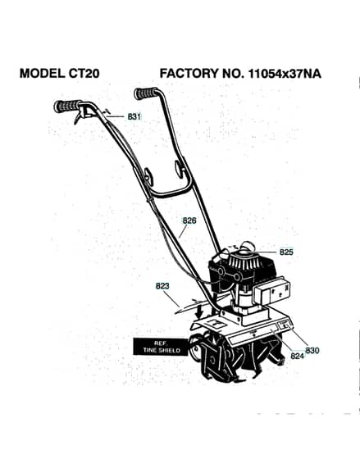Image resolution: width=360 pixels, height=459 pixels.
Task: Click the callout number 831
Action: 134,116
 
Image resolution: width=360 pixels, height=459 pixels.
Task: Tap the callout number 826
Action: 189,220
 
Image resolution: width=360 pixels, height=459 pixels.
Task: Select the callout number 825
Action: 286,252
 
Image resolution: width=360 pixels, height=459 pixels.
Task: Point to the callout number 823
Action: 162,286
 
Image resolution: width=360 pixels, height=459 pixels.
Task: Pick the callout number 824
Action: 298,356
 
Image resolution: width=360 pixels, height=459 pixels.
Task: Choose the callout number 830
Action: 312,350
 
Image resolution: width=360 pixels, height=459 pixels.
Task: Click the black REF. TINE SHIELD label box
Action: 160,347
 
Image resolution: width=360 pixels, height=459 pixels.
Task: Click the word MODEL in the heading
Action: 42,73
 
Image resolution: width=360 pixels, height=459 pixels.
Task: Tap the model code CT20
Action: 84,73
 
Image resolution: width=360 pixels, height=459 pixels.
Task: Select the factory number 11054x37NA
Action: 285,74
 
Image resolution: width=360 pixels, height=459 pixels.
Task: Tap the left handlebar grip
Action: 68,106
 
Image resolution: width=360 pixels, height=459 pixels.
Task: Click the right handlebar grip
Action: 146,93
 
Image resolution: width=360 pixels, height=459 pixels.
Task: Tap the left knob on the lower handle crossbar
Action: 148,175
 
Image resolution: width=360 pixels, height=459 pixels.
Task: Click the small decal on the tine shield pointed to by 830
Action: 284,325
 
